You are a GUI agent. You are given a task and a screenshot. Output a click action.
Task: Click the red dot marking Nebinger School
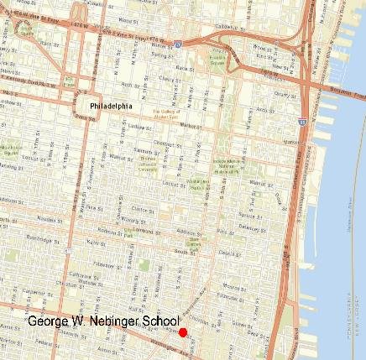point(183,332)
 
